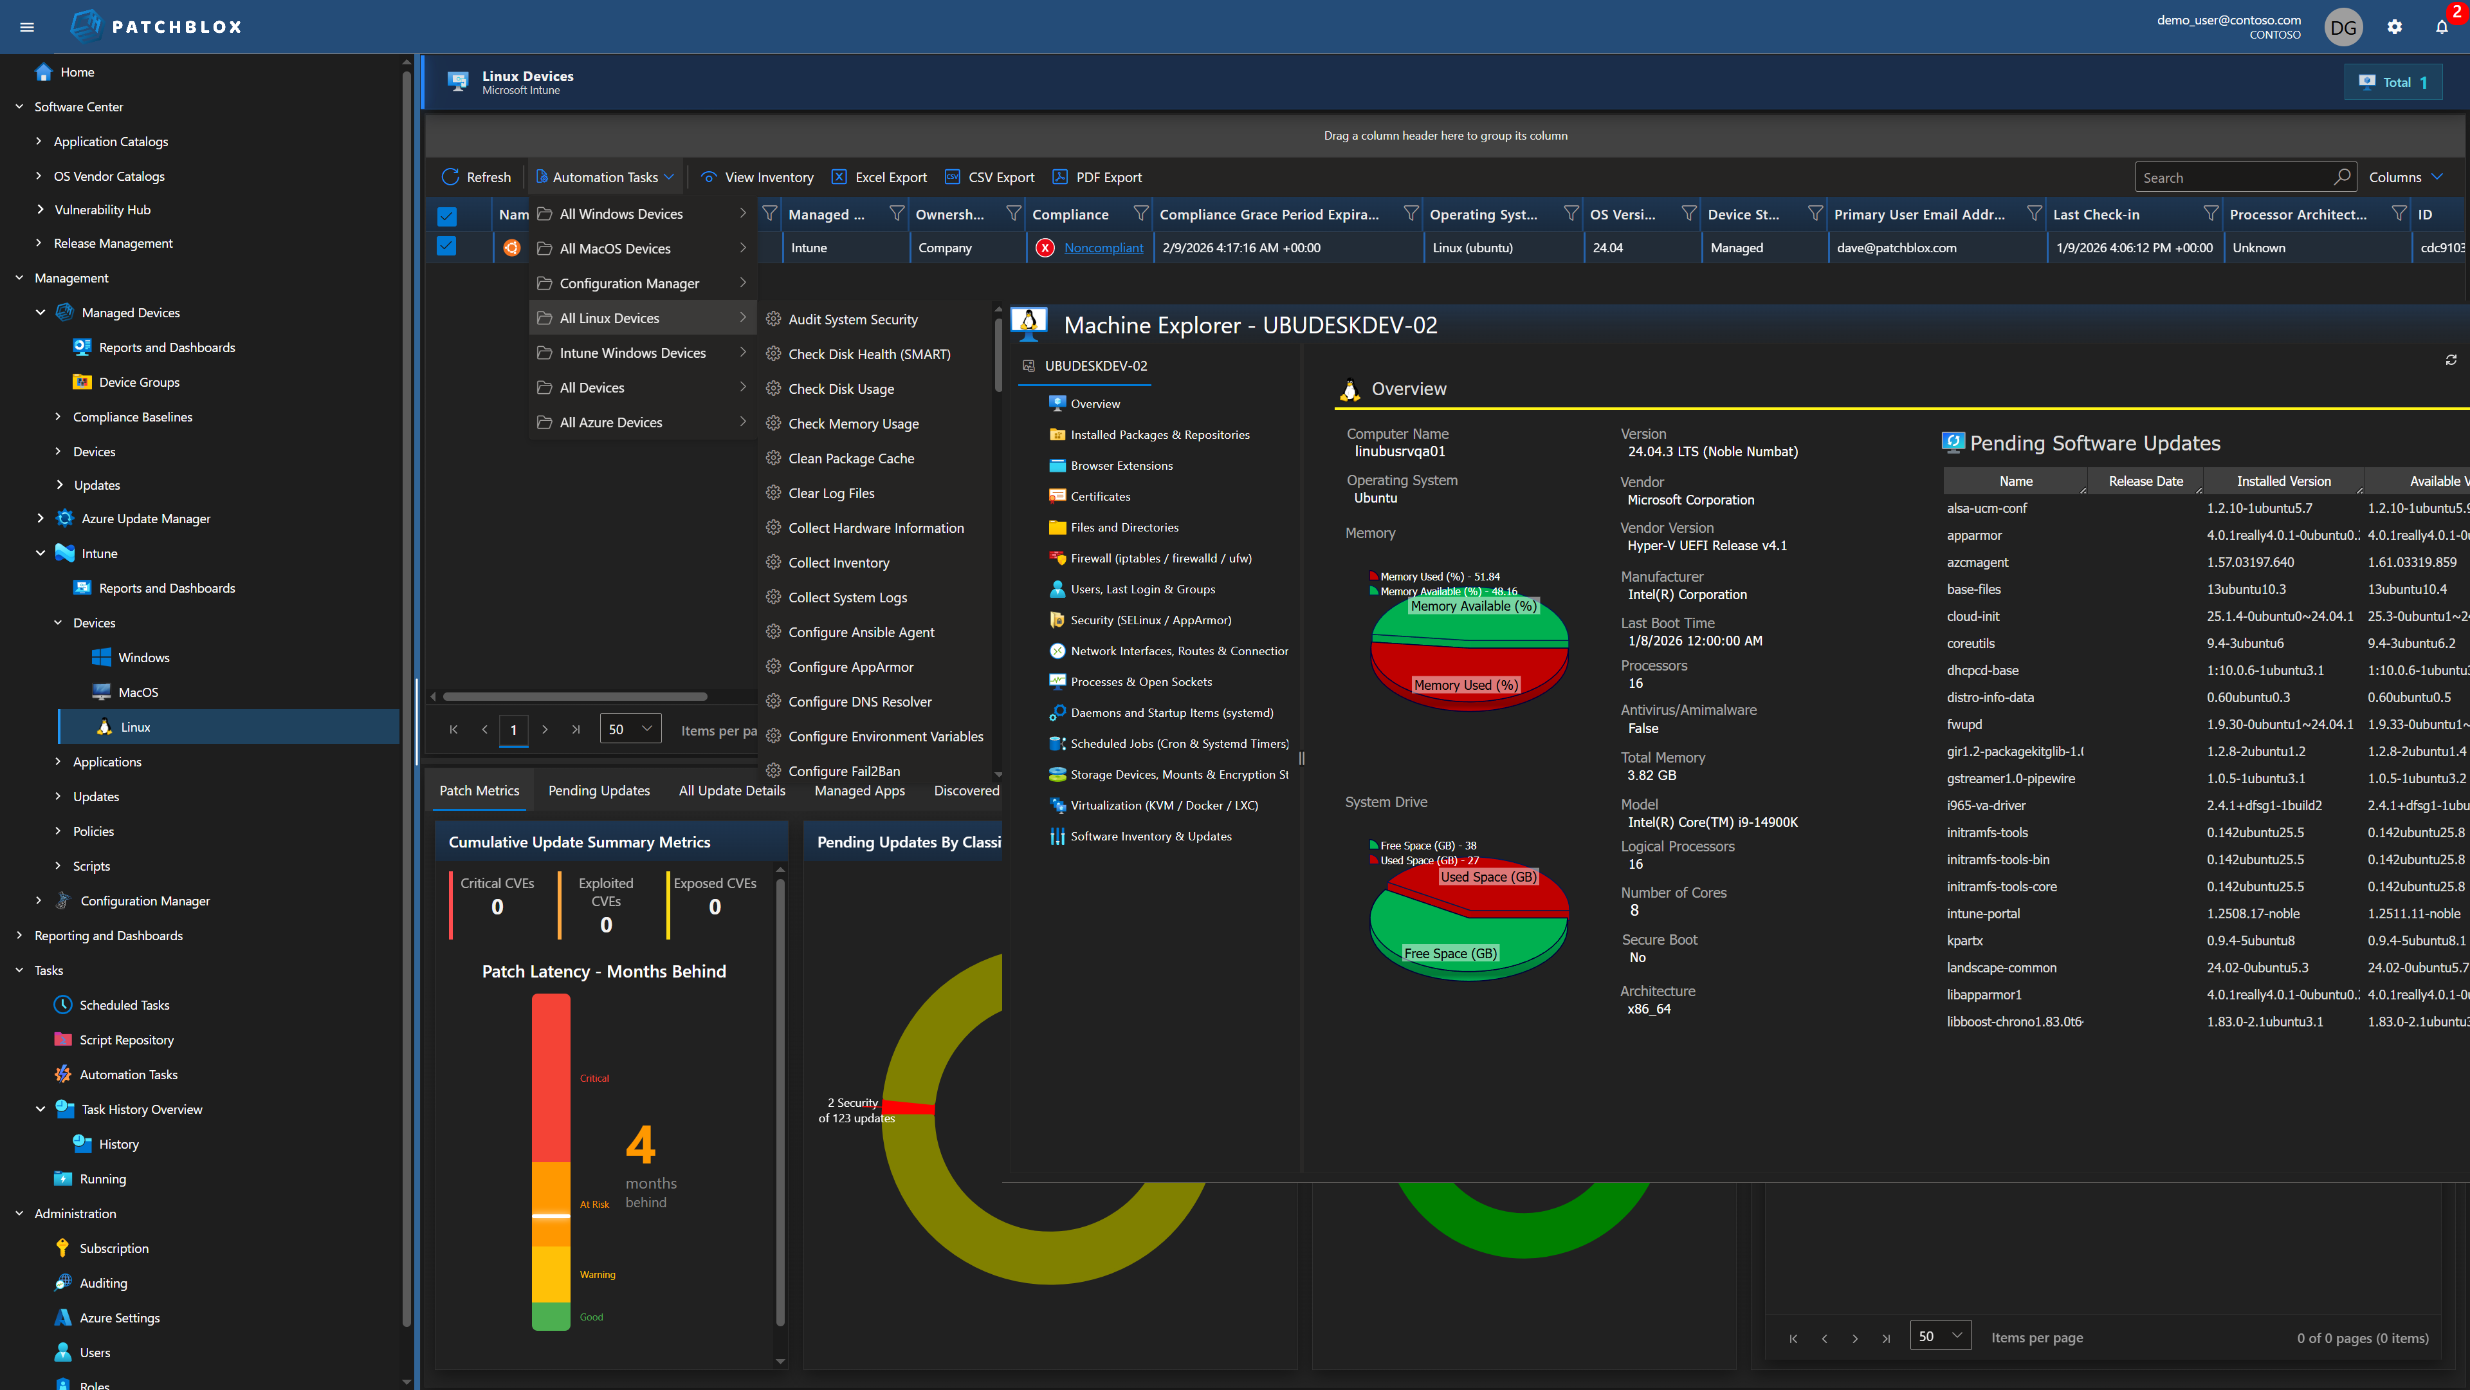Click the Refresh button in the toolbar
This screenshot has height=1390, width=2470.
coord(477,178)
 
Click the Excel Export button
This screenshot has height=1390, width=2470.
coord(879,178)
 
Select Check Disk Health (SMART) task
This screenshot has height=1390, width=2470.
coord(869,354)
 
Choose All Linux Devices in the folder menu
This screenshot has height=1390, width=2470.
coord(610,319)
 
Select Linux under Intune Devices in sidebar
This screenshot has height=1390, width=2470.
coord(135,727)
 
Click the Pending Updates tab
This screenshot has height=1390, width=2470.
coord(598,790)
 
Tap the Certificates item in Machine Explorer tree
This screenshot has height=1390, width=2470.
coord(1100,496)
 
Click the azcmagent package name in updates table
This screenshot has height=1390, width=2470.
coord(1977,562)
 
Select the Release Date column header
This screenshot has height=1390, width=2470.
coord(2145,481)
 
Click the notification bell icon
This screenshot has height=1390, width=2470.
coord(2441,27)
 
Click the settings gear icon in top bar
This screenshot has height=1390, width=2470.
coord(2394,27)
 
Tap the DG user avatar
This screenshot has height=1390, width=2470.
coord(2343,27)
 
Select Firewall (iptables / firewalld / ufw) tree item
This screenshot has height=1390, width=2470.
coord(1160,559)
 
